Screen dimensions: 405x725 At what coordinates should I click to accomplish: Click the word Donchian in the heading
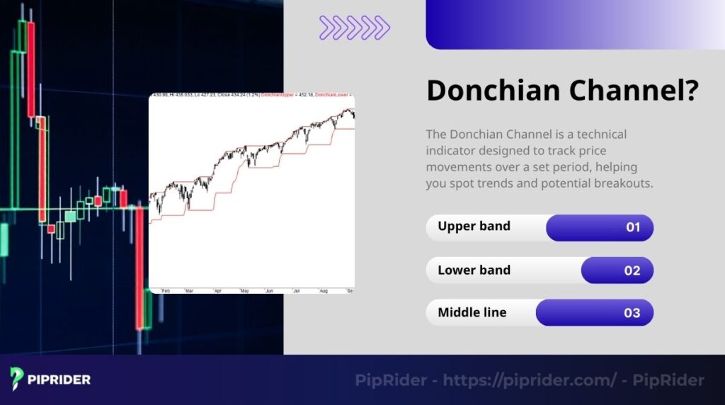pyautogui.click(x=488, y=91)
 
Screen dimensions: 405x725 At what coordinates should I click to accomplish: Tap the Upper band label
pyautogui.click(x=474, y=227)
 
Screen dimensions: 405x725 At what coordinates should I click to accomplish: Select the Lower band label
pyautogui.click(x=474, y=270)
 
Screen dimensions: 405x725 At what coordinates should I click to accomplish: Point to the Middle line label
pyautogui.click(x=472, y=312)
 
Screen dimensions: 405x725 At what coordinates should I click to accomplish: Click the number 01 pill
pyautogui.click(x=632, y=227)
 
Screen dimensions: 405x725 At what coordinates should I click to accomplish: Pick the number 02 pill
pyautogui.click(x=632, y=270)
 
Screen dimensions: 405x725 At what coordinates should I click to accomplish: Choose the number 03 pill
pyautogui.click(x=632, y=313)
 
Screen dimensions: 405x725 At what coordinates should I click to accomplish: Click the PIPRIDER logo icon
pyautogui.click(x=18, y=379)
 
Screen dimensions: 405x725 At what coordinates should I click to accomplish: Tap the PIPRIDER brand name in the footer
pyautogui.click(x=59, y=380)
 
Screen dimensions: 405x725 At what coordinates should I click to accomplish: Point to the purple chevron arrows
pyautogui.click(x=354, y=27)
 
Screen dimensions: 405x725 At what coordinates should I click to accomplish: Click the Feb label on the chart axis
pyautogui.click(x=166, y=290)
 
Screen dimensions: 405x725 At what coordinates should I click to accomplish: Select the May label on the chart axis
pyautogui.click(x=245, y=290)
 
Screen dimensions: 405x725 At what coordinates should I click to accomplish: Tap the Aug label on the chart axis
pyautogui.click(x=324, y=290)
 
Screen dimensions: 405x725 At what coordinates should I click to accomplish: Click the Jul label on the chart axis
pyautogui.click(x=297, y=290)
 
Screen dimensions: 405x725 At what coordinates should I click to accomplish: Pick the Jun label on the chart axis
pyautogui.click(x=269, y=290)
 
